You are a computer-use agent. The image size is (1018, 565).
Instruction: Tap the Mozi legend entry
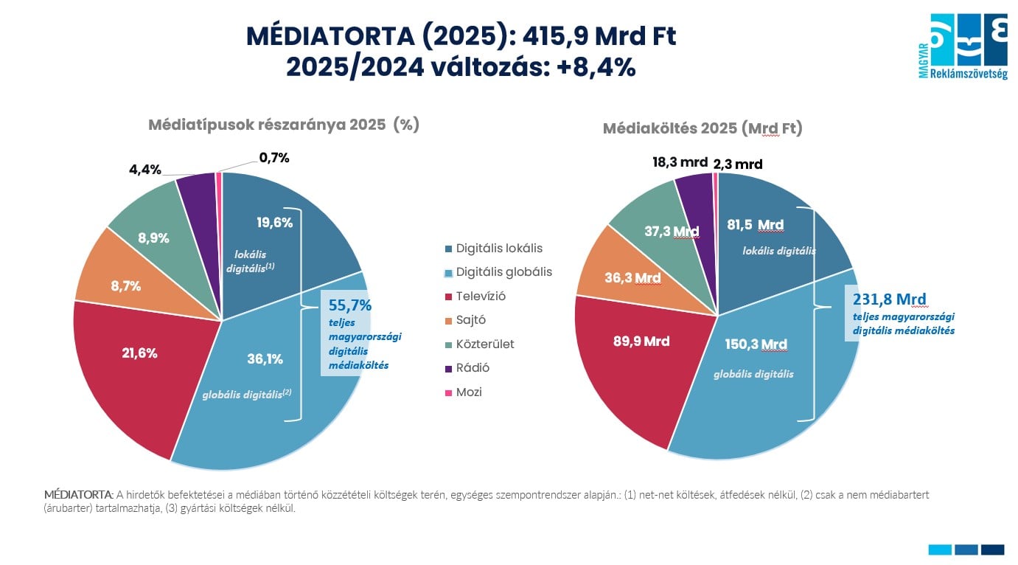click(x=468, y=392)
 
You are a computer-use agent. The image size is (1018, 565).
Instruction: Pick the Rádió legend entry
click(x=472, y=368)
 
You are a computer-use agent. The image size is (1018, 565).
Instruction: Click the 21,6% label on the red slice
click(x=139, y=353)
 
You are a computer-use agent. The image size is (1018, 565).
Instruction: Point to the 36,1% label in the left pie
click(x=265, y=359)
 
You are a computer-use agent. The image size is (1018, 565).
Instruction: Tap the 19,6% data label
click(x=274, y=222)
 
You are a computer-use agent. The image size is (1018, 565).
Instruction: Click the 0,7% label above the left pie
click(x=274, y=157)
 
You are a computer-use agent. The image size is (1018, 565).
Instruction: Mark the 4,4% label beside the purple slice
click(x=144, y=170)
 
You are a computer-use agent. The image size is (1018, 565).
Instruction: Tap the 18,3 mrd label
click(x=679, y=162)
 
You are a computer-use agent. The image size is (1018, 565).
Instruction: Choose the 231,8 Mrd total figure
click(x=889, y=299)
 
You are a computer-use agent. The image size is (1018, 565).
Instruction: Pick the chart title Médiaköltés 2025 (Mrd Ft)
click(x=702, y=128)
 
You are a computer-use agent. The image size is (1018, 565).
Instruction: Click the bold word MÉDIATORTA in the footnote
click(x=78, y=495)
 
